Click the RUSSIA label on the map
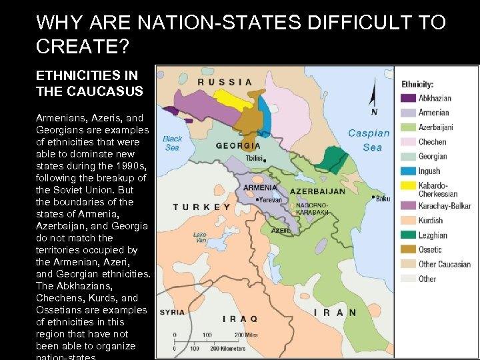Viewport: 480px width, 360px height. pos(225,82)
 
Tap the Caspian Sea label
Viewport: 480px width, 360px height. pos(369,140)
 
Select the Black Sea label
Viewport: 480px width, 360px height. pos(172,143)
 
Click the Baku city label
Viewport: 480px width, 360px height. pos(383,198)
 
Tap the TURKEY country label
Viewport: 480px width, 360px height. pos(201,207)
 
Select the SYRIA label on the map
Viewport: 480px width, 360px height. pos(172,312)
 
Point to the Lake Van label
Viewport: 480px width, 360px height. pos(199,238)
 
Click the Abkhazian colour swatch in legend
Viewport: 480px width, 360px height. pos(407,98)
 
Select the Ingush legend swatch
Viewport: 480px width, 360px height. pos(407,171)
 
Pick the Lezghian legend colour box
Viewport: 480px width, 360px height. pos(407,235)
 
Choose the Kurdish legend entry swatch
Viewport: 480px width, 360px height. pos(407,220)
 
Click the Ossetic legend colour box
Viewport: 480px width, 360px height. pos(407,249)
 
